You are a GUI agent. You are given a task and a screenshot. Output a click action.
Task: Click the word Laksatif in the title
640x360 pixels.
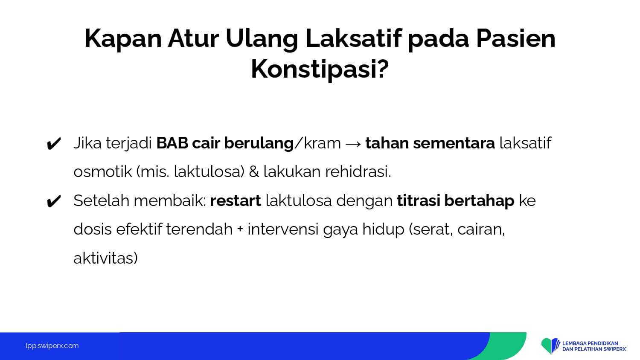click(x=353, y=38)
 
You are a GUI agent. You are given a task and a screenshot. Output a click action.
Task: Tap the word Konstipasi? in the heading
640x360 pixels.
click(x=320, y=70)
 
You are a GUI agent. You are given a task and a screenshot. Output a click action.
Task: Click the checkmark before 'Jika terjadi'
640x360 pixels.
click(x=54, y=144)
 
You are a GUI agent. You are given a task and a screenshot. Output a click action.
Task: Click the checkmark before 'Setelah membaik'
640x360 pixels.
click(x=54, y=201)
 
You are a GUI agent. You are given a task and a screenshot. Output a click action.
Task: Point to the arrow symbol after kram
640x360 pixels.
click(x=353, y=144)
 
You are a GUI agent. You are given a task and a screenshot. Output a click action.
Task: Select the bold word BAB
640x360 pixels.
click(x=172, y=143)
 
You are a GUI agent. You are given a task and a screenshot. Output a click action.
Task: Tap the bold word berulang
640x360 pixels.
click(x=259, y=143)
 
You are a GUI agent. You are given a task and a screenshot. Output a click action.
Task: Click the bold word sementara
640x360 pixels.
click(x=454, y=143)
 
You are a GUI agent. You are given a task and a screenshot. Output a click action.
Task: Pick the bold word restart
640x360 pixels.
click(x=236, y=200)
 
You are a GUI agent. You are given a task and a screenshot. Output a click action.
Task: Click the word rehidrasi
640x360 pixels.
click(x=358, y=172)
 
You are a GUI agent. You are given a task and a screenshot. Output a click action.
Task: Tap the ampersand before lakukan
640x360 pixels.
click(x=254, y=172)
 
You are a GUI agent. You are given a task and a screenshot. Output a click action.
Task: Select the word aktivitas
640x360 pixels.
click(x=105, y=258)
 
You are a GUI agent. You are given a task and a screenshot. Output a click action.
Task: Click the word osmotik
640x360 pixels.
click(x=102, y=172)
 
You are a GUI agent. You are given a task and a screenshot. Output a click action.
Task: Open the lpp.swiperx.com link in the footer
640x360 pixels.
click(x=52, y=346)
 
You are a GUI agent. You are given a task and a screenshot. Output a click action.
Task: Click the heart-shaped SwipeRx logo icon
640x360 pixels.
click(x=550, y=346)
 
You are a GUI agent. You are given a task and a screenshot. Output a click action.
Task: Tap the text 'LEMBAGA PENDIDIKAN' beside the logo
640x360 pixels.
click(x=590, y=343)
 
